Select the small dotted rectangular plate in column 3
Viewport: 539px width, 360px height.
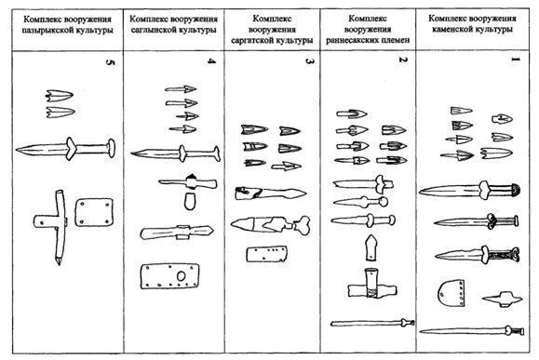pyautogui.click(x=264, y=255)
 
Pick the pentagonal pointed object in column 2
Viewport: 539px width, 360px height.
pyautogui.click(x=371, y=249)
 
